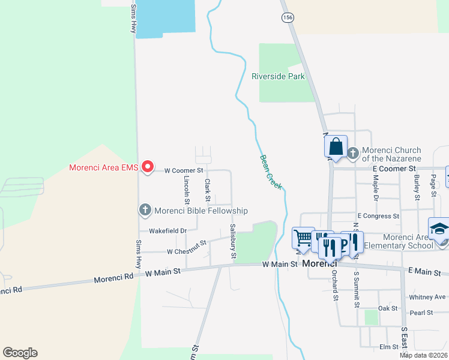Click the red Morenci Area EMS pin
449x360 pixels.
pyautogui.click(x=148, y=167)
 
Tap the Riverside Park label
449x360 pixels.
pyautogui.click(x=278, y=76)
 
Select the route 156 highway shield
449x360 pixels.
pyautogui.click(x=288, y=17)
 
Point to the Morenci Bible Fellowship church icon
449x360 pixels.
pyautogui.click(x=145, y=210)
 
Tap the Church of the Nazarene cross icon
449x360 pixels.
pyautogui.click(x=352, y=154)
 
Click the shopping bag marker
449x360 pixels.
pyautogui.click(x=336, y=146)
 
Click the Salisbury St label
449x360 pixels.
pyautogui.click(x=233, y=242)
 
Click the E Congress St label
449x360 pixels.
pyautogui.click(x=378, y=216)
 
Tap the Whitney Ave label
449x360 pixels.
pyautogui.click(x=427, y=297)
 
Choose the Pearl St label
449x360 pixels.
pyautogui.click(x=421, y=313)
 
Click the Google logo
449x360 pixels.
pyautogui.click(x=20, y=353)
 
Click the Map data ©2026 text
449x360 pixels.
pyautogui.click(x=423, y=355)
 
